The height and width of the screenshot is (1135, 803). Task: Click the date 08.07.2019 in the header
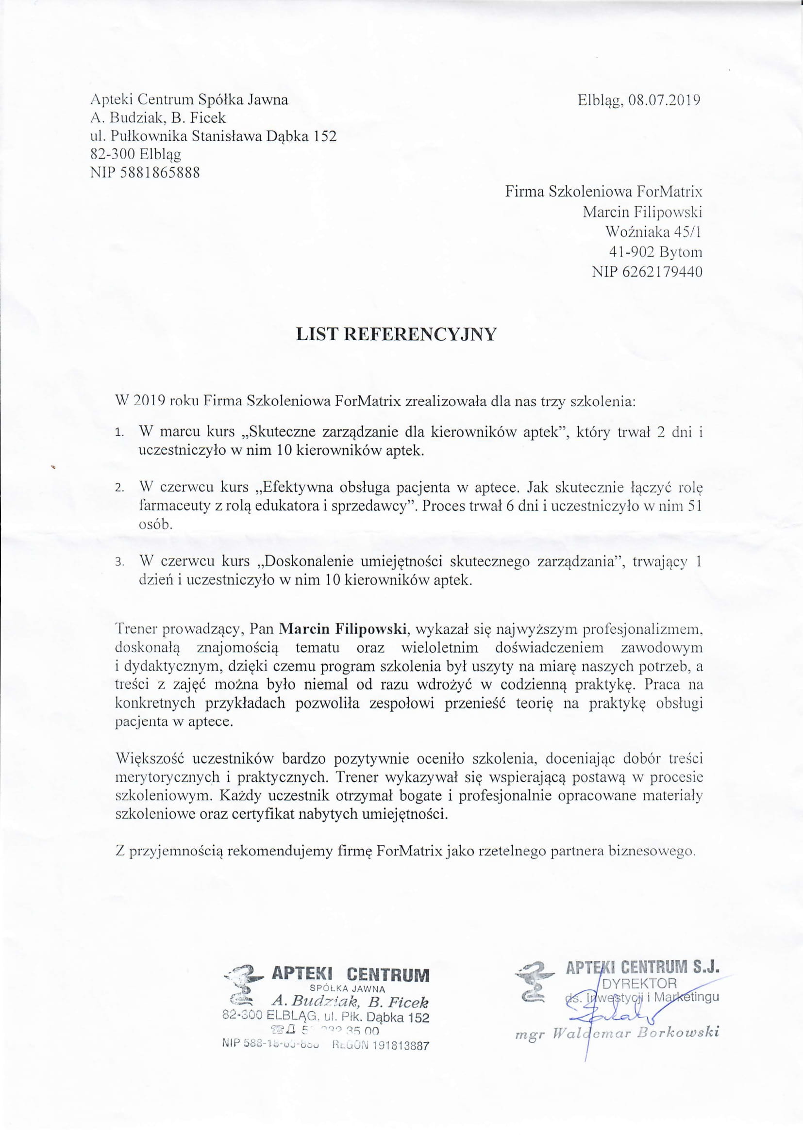click(665, 100)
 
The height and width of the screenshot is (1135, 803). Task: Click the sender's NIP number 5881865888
click(160, 173)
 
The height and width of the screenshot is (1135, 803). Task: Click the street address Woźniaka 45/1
click(653, 232)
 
